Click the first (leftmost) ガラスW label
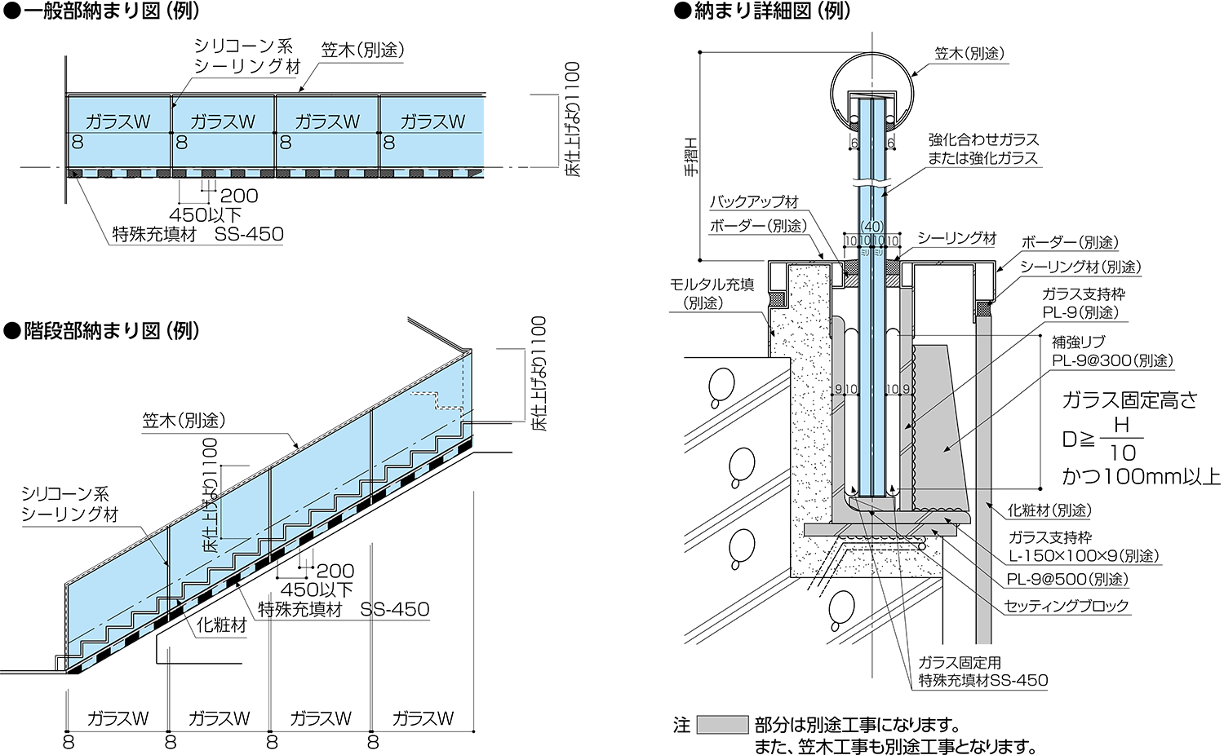pyautogui.click(x=118, y=122)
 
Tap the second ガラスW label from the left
pyautogui.click(x=223, y=122)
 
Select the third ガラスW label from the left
pyautogui.click(x=327, y=122)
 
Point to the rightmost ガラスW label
pyautogui.click(x=432, y=122)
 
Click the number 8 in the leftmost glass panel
pyautogui.click(x=78, y=143)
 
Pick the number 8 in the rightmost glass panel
pyautogui.click(x=389, y=143)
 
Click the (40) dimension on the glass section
pyautogui.click(x=872, y=227)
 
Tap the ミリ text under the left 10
pyautogui.click(x=865, y=253)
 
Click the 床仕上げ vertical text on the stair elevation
pyautogui.click(x=211, y=530)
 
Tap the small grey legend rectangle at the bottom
pyautogui.click(x=722, y=725)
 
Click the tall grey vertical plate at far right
pyautogui.click(x=983, y=481)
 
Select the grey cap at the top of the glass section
pyautogui.click(x=871, y=95)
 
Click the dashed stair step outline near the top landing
pyautogui.click(x=437, y=399)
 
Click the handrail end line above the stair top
pyautogui.click(x=437, y=334)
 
